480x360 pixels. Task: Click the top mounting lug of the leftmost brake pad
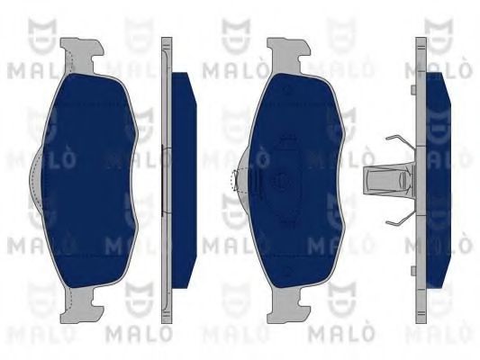pyautogui.click(x=80, y=56)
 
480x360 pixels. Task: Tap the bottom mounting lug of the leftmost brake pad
pyautogui.click(x=80, y=305)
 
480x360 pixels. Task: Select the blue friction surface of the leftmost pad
pyautogui.click(x=89, y=181)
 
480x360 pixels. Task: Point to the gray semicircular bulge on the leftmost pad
pyautogui.click(x=35, y=181)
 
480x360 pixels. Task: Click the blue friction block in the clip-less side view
pyautogui.click(x=184, y=181)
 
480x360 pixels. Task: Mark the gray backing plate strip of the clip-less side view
pyautogui.click(x=167, y=181)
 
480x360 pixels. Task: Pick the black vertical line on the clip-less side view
pyautogui.click(x=162, y=181)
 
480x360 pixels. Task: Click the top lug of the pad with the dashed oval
pyautogui.click(x=288, y=56)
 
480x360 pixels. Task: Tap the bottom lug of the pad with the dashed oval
pyautogui.click(x=288, y=305)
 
